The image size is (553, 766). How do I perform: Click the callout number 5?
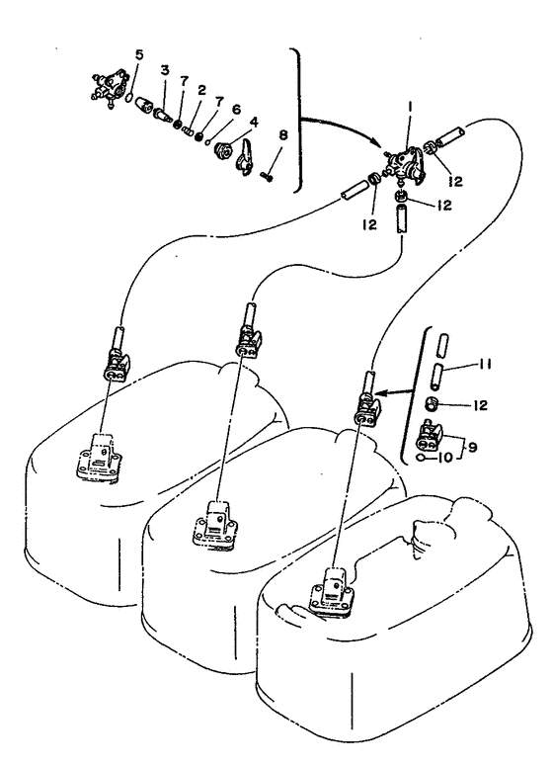click(x=139, y=54)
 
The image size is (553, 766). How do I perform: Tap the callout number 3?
click(x=165, y=70)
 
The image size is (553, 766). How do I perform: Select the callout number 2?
click(x=201, y=90)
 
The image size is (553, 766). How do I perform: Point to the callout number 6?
click(x=236, y=110)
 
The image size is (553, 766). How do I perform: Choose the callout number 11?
click(x=485, y=364)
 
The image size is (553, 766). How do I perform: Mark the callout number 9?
click(x=472, y=447)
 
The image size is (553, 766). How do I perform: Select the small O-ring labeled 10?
click(x=420, y=458)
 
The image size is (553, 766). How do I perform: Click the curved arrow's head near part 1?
click(x=380, y=143)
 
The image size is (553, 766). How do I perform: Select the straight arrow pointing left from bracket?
click(x=398, y=391)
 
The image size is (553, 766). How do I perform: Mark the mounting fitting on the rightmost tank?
click(x=332, y=592)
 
